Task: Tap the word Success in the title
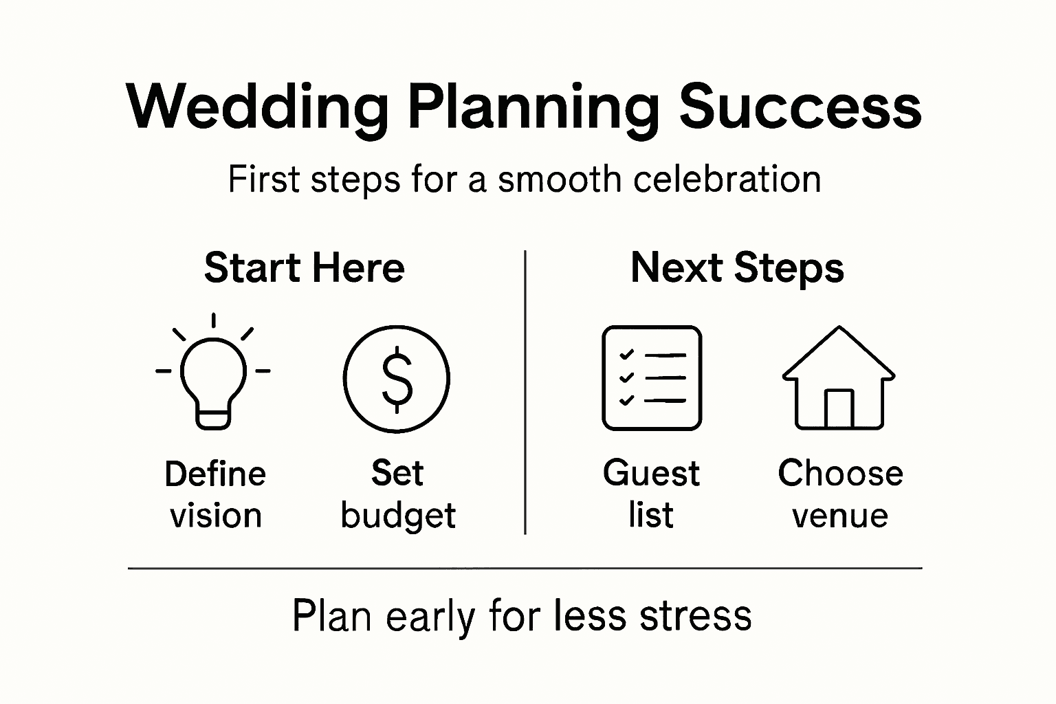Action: coord(800,107)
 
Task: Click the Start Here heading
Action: coord(304,267)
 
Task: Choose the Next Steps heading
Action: coord(737,267)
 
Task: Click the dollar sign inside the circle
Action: coord(397,379)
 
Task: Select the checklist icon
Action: coord(652,378)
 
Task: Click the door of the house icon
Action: coord(839,409)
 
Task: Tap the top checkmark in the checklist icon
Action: coord(626,355)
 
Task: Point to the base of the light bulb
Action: coord(213,418)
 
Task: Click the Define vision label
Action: coord(215,494)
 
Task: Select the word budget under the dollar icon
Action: coord(398,516)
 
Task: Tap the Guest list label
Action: coord(651,494)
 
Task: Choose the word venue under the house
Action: coord(840,516)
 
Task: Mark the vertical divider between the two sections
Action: coord(525,392)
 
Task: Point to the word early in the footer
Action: coord(430,617)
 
